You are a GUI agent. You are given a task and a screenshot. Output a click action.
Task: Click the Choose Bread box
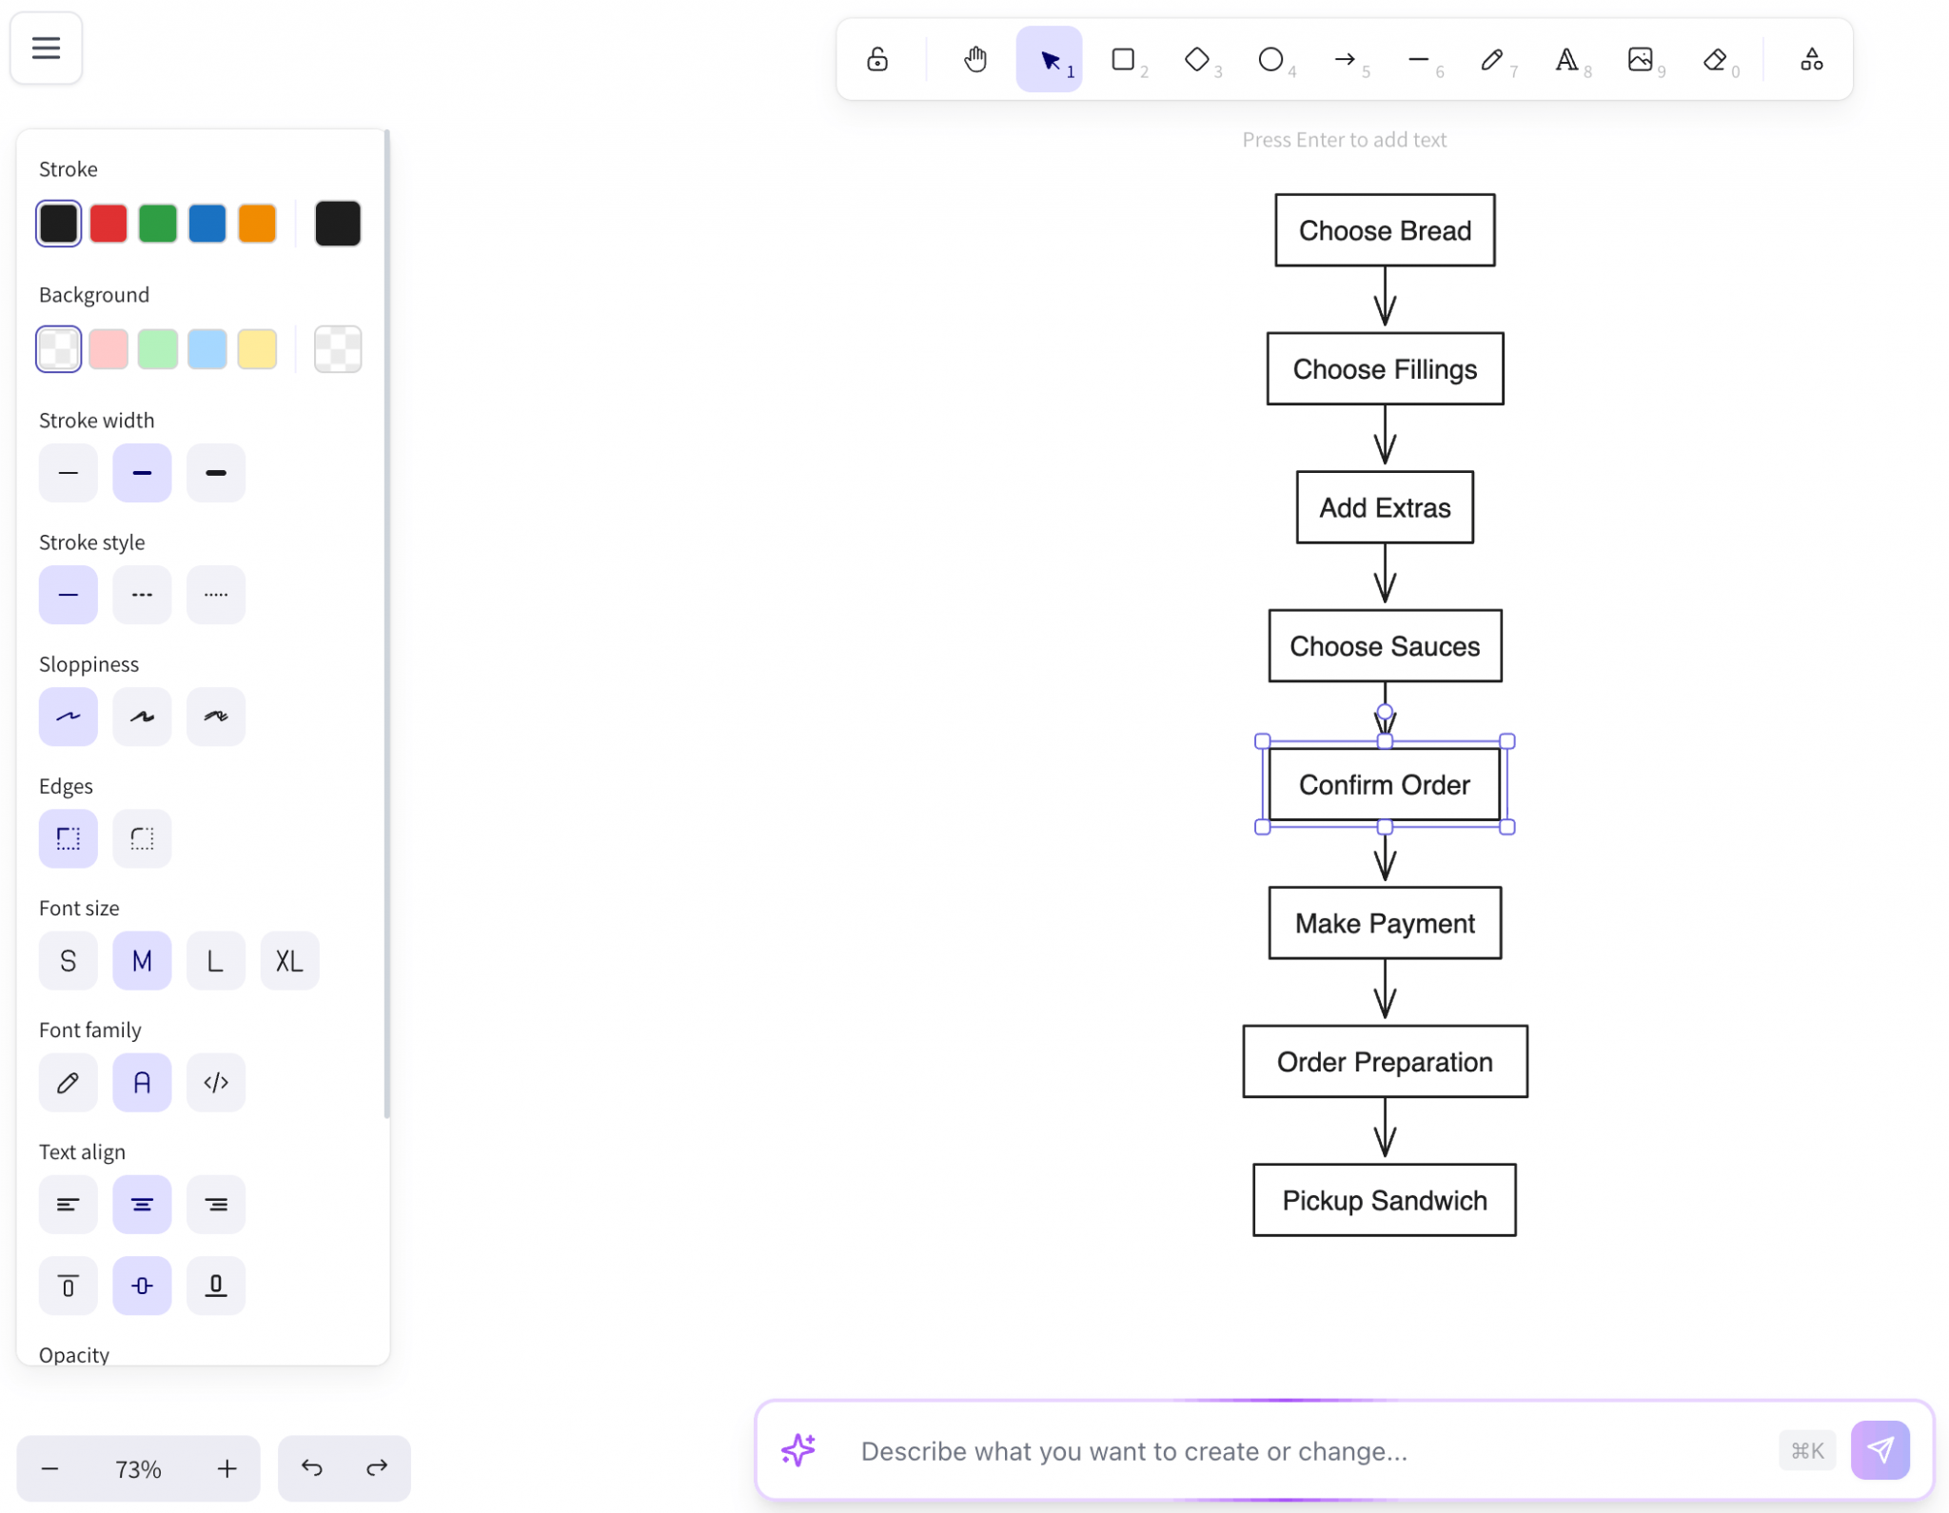pyautogui.click(x=1384, y=230)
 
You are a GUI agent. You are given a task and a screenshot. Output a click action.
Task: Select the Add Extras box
pyautogui.click(x=1384, y=507)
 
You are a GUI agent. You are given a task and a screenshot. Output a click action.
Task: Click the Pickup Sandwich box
pyautogui.click(x=1384, y=1200)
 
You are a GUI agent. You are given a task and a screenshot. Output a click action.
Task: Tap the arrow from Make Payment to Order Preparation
pyautogui.click(x=1385, y=990)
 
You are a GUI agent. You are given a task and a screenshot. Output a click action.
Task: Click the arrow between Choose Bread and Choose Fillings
pyautogui.click(x=1385, y=297)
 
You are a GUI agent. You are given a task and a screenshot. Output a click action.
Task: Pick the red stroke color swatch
pyautogui.click(x=108, y=224)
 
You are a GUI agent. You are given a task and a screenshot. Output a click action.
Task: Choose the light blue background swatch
pyautogui.click(x=207, y=349)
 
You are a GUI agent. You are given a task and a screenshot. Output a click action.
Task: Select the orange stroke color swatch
pyautogui.click(x=257, y=224)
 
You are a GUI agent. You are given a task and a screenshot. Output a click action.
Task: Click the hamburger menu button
pyautogui.click(x=46, y=48)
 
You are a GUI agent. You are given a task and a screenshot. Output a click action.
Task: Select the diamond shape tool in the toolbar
pyautogui.click(x=1196, y=60)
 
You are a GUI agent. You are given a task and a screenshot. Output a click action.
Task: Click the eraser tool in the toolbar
pyautogui.click(x=1715, y=60)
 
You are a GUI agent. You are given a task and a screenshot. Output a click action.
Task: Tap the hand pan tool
pyautogui.click(x=974, y=60)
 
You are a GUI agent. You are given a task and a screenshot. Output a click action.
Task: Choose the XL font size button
pyautogui.click(x=289, y=961)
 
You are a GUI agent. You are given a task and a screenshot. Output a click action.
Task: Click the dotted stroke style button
pyautogui.click(x=216, y=595)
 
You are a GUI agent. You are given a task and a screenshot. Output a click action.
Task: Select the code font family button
pyautogui.click(x=216, y=1083)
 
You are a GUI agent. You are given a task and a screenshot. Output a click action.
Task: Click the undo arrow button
pyautogui.click(x=311, y=1468)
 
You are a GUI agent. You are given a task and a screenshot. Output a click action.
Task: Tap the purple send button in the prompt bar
pyautogui.click(x=1880, y=1450)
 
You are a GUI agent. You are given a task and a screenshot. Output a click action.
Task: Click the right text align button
pyautogui.click(x=216, y=1205)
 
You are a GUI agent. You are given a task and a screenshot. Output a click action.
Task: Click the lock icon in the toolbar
pyautogui.click(x=876, y=60)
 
